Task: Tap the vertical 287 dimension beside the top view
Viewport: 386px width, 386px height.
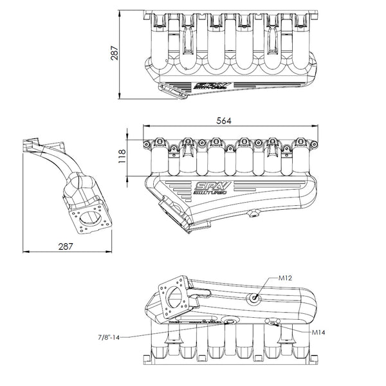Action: click(x=115, y=55)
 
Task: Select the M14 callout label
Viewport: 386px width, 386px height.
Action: click(x=320, y=333)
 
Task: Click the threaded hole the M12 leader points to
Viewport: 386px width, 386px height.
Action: click(x=255, y=297)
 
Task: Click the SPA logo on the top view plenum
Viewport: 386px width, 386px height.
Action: click(x=209, y=84)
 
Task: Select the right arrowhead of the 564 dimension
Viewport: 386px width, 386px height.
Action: click(x=322, y=129)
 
